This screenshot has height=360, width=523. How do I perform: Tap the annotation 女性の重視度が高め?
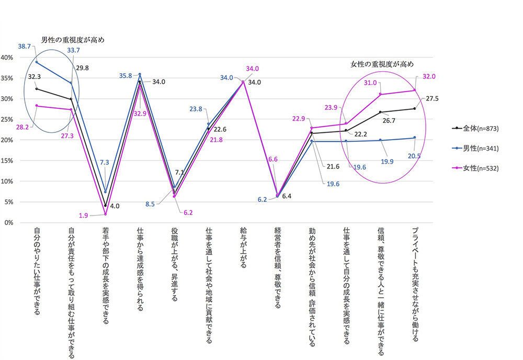[381, 64]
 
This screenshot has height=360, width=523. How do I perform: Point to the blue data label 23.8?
[197, 109]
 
